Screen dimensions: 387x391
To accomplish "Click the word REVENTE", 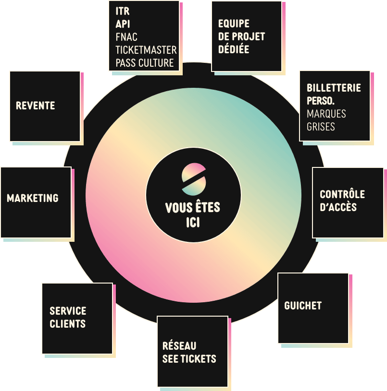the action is coord(36,106).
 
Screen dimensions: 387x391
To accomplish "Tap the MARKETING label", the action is coord(33,198).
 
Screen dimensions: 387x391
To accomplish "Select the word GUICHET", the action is coord(303,306).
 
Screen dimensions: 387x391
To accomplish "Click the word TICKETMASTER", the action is coord(146,50).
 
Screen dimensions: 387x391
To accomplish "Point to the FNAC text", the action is coord(126,37).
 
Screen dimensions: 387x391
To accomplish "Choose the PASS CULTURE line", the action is coord(145,63).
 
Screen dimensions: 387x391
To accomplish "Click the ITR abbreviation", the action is coord(123,11).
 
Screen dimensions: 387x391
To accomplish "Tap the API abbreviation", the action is coord(123,24).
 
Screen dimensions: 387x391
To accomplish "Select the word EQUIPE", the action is coord(234,24).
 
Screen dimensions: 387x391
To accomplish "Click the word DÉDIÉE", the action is coord(234,49).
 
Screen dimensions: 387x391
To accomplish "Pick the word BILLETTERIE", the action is coord(334,88).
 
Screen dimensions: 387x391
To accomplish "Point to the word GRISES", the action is coord(321,127).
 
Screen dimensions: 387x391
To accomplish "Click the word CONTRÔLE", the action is coord(342,194).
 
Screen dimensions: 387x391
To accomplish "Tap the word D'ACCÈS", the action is coord(338,207).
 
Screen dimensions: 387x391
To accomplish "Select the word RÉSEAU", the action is coord(179,345).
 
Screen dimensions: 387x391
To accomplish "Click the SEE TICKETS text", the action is coord(189,359).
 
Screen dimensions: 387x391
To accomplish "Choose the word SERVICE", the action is coord(68,311).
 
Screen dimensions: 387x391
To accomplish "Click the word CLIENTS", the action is coord(68,324).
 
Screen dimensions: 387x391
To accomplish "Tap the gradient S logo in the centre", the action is coord(194,179).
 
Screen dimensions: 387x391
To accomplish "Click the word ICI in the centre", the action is coord(193,223).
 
